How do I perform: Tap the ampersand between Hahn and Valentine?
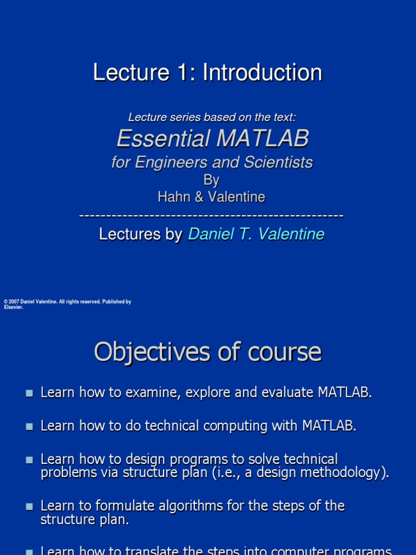click(x=199, y=197)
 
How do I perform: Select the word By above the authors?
click(x=211, y=180)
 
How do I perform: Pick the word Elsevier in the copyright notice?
click(x=14, y=307)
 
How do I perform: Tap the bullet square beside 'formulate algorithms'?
click(x=29, y=506)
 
